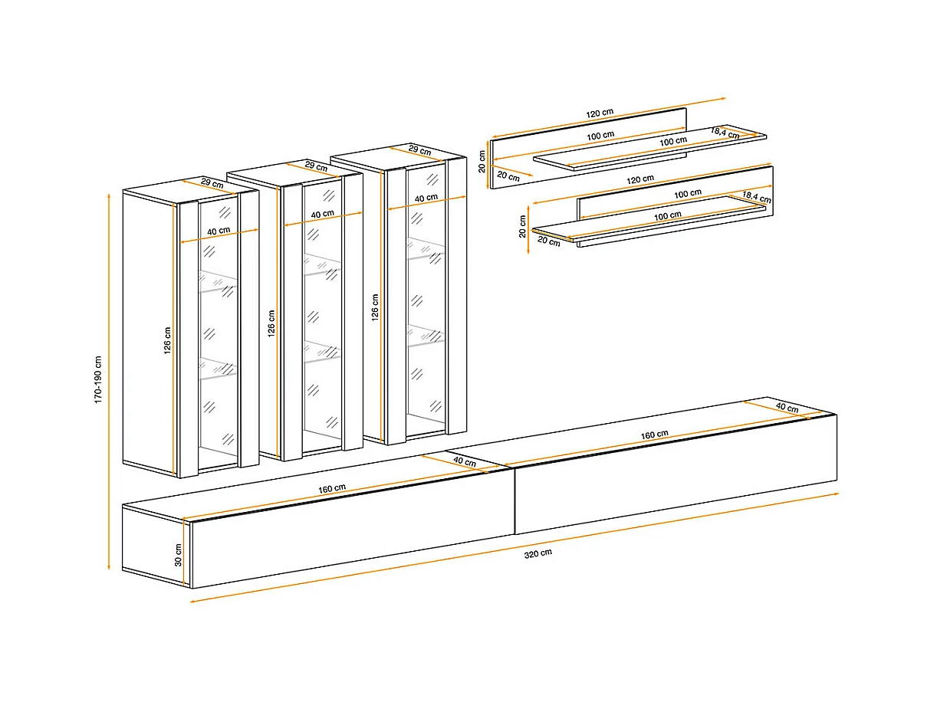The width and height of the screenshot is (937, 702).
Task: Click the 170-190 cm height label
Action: [x=98, y=380]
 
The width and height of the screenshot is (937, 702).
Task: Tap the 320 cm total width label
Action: [x=538, y=553]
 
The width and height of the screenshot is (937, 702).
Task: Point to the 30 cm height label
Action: [x=178, y=555]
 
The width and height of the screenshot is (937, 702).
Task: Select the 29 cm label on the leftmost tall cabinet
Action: [x=212, y=183]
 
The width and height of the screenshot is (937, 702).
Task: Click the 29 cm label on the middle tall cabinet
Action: [x=317, y=166]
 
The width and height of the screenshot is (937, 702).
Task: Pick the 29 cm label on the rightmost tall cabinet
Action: [x=420, y=150]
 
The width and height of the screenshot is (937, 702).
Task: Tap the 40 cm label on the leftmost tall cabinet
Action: [x=219, y=231]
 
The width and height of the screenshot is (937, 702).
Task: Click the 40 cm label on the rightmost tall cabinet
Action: [x=426, y=198]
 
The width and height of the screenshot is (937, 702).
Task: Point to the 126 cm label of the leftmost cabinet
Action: [x=167, y=340]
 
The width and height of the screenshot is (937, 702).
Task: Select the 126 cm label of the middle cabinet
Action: [x=271, y=323]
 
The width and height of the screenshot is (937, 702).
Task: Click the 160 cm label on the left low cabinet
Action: [x=332, y=489]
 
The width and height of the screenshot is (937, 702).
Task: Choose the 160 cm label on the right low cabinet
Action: [x=654, y=435]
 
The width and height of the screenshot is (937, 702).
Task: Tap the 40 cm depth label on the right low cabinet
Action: [x=787, y=407]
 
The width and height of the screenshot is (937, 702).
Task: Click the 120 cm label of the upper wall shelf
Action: [x=600, y=113]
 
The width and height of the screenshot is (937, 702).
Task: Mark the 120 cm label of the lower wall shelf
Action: [x=640, y=179]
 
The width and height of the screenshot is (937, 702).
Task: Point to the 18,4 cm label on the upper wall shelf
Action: [x=725, y=133]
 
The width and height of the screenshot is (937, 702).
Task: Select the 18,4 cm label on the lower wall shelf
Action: [x=757, y=197]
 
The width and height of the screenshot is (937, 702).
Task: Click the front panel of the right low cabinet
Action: [x=676, y=474]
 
